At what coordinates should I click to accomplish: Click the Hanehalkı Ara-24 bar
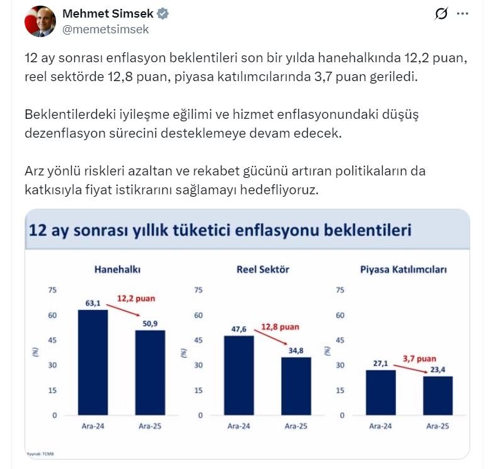coord(93,362)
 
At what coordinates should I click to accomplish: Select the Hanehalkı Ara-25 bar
coord(150,373)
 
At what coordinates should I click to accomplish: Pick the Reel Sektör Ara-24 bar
coord(239,375)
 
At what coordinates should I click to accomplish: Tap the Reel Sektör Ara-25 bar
coord(296,386)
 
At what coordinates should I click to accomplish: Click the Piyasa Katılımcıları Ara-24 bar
coord(381,392)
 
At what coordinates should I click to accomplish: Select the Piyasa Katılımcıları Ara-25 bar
coord(437,395)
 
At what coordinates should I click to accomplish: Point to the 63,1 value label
coord(93,303)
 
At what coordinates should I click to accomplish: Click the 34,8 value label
coord(296,350)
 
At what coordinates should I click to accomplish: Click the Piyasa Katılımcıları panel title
coord(403,270)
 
